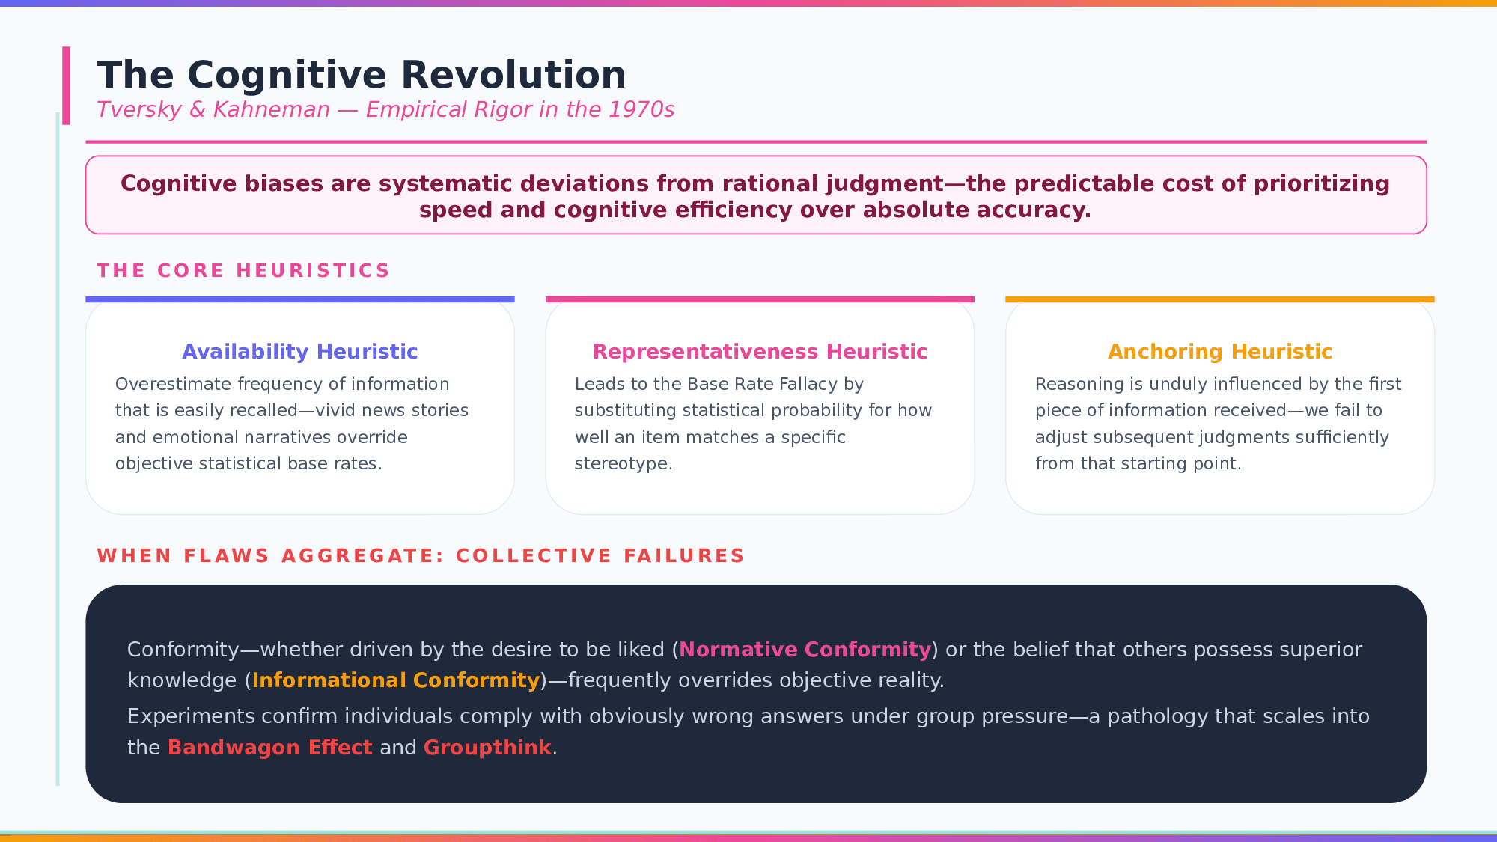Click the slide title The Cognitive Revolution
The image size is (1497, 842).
coord(362,76)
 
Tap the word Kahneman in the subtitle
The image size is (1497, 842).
coord(272,110)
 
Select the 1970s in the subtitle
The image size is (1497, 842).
coord(641,110)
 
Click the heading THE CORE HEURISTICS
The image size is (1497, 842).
coord(243,270)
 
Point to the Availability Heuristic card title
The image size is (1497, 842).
coord(300,352)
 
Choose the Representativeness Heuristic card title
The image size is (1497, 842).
coord(760,352)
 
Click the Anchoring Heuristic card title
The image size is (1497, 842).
coord(1220,352)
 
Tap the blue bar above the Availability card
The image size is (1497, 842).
coord(300,299)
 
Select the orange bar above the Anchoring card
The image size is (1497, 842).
coord(1220,299)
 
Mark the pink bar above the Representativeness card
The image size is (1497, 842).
coord(760,299)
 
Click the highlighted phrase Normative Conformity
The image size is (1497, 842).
coord(805,650)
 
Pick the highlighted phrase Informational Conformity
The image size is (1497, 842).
coord(396,680)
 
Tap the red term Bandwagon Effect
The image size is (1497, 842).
coord(270,748)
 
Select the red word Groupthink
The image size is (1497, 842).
coord(487,748)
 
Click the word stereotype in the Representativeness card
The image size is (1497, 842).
coord(621,464)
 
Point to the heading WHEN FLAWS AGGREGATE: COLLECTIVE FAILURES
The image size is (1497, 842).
coord(421,556)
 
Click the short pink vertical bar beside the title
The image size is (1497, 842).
coord(67,85)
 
